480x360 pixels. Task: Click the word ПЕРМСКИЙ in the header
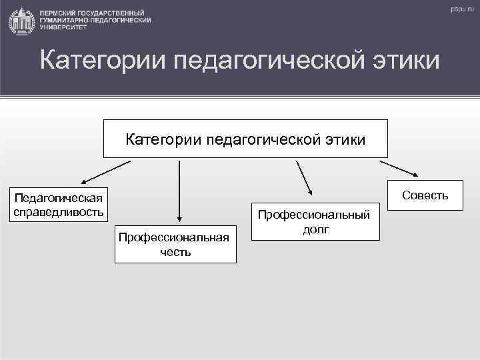tap(59, 13)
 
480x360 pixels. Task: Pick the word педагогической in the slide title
tap(267, 61)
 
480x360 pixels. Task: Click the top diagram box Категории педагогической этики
tap(245, 139)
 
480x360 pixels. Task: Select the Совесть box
tap(425, 195)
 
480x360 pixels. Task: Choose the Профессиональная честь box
tap(175, 244)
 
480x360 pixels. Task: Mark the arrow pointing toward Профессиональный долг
tap(304, 177)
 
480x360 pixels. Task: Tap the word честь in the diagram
tap(175, 252)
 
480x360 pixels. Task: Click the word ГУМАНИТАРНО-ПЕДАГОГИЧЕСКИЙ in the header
tap(95, 21)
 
